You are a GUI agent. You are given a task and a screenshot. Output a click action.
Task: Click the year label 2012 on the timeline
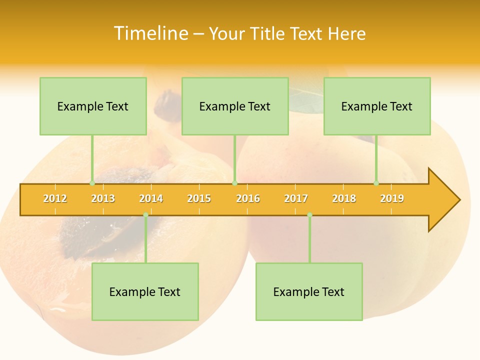(x=55, y=198)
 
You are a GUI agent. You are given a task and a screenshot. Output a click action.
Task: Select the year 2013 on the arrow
(x=103, y=198)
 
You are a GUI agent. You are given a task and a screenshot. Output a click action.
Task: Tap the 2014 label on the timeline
(x=151, y=198)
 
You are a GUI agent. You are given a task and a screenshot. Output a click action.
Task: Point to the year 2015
(x=199, y=198)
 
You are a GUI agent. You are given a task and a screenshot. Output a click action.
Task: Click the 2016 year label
(x=248, y=198)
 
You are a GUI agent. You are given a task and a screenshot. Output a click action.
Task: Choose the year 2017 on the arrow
(x=296, y=198)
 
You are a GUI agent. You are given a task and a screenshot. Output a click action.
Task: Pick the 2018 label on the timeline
(x=344, y=198)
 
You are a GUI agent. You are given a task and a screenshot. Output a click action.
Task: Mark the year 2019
(x=392, y=198)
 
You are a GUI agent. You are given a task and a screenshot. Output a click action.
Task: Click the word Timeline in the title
(x=150, y=33)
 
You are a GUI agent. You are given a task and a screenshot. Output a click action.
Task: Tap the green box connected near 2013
(x=93, y=106)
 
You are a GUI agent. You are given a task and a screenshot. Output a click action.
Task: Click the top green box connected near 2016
(x=235, y=106)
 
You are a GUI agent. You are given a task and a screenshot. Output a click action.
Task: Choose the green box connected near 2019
(x=377, y=106)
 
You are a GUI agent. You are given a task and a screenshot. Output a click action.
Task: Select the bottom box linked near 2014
(x=145, y=291)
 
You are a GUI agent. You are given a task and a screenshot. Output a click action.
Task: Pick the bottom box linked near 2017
(x=309, y=291)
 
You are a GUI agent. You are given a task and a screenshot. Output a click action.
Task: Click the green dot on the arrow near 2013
(x=92, y=183)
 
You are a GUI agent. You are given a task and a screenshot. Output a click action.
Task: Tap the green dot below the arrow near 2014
(x=145, y=215)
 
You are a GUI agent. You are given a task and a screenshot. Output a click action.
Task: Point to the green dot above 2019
(x=376, y=183)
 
